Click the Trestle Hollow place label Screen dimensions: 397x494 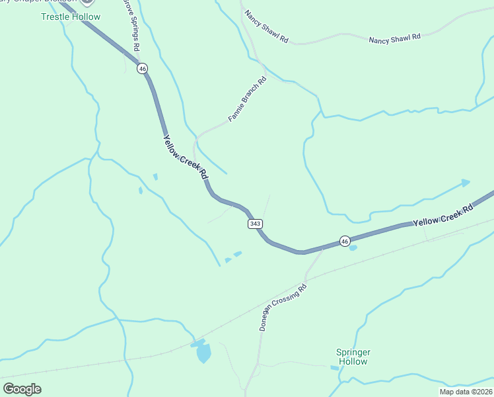point(71,17)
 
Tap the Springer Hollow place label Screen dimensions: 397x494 point(353,357)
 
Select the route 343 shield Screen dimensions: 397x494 point(256,224)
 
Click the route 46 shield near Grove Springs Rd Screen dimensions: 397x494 point(143,68)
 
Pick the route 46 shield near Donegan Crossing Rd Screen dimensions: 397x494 point(344,242)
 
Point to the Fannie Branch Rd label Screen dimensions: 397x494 point(247,99)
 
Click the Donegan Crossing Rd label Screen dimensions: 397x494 point(283,308)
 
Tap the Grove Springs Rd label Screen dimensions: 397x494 point(131,25)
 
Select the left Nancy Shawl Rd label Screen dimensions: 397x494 point(266,26)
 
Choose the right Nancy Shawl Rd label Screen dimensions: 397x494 point(394,38)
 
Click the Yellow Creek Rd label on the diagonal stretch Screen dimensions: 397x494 point(186,157)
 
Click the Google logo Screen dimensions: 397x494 point(22,389)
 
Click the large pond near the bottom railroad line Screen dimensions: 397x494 point(203,353)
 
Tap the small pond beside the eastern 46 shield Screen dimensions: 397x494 point(353,248)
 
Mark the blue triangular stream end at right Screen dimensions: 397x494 point(466,183)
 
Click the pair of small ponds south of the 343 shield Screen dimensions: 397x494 point(233,257)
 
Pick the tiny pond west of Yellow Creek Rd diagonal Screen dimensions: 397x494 point(155,177)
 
